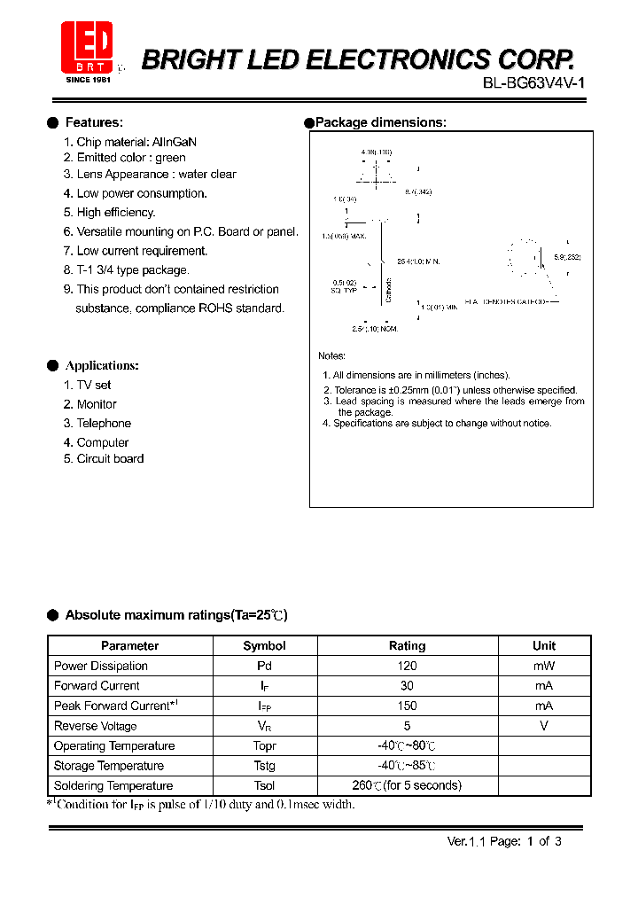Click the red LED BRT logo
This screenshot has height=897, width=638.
pos(87,49)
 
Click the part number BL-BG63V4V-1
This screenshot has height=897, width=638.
pos(533,83)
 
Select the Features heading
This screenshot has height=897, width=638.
pos(94,122)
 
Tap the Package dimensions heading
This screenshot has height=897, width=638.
pos(380,122)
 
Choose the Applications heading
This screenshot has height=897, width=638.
pos(102,365)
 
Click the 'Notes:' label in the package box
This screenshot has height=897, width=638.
pos(331,355)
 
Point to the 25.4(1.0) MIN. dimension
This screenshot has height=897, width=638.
pos(417,261)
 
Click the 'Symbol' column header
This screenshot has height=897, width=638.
pos(264,646)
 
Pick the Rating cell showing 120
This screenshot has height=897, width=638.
pos(407,666)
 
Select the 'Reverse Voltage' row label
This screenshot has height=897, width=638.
pos(95,726)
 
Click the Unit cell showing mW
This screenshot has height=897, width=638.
pos(543,666)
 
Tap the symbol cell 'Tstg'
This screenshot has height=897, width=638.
pos(264,766)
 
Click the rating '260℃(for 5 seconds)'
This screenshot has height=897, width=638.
pos(407,785)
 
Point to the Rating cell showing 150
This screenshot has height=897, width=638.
pos(407,706)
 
